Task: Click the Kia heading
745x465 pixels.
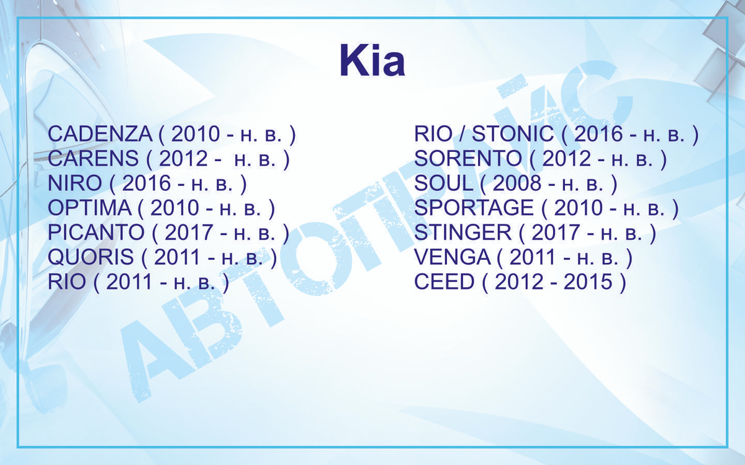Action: pos(372,60)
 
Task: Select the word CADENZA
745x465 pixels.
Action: pos(100,133)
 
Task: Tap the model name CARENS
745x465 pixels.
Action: pos(93,158)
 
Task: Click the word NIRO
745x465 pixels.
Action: pos(75,183)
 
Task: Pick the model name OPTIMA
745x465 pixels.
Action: pos(90,208)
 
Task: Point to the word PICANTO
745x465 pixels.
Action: pos(96,232)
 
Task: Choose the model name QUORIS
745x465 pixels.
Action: pos(91,257)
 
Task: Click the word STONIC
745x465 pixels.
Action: pos(513,133)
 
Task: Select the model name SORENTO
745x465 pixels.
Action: pos(468,158)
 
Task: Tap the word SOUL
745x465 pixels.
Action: pos(444,183)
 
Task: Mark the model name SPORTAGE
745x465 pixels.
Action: pos(474,208)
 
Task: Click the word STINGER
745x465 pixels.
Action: pos(463,232)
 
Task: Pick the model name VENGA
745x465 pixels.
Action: pos(453,257)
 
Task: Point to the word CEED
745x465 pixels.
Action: pos(444,281)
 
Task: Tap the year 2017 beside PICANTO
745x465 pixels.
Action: pos(189,232)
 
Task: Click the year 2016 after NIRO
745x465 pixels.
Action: pos(147,183)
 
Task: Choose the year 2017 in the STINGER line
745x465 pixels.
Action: pos(556,232)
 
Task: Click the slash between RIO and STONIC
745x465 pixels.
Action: pos(463,133)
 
